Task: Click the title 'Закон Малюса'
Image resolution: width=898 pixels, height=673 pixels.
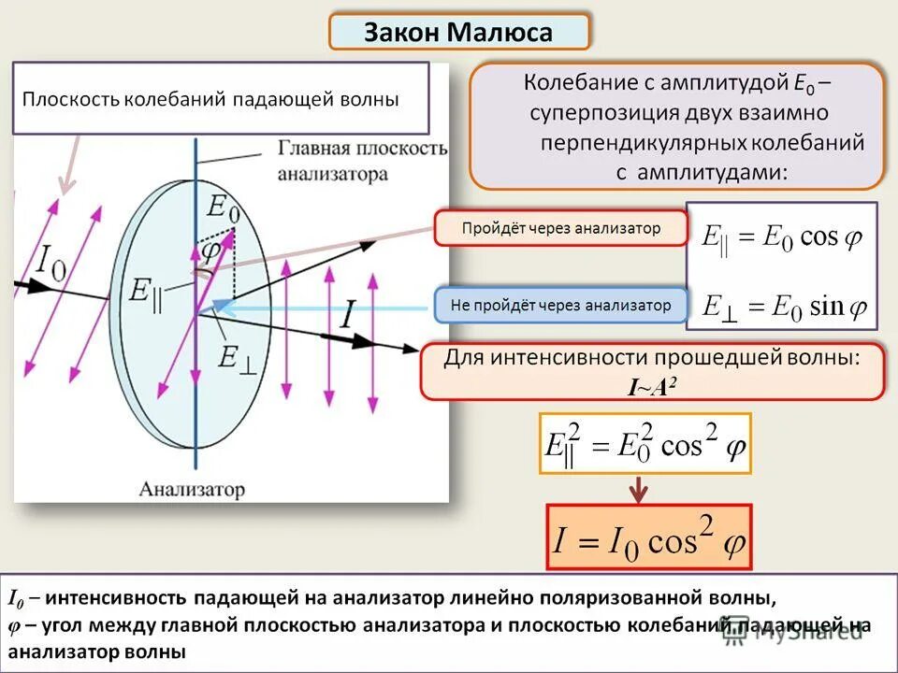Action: (x=458, y=33)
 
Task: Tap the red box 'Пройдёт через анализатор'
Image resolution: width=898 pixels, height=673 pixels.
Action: (x=560, y=228)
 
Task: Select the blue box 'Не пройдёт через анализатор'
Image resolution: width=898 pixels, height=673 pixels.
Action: (x=560, y=306)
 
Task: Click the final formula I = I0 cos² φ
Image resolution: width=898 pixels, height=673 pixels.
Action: (x=648, y=539)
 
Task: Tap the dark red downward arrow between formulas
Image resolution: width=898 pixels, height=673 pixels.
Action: (x=639, y=489)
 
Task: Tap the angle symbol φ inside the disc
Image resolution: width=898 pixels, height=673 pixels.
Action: (x=212, y=251)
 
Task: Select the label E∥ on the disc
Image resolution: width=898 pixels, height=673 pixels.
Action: (x=146, y=299)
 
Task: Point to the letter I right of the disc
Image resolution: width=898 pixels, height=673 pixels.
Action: (x=346, y=314)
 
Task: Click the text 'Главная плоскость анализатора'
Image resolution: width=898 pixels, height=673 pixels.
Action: (x=360, y=161)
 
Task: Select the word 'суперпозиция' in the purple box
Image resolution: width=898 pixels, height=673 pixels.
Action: (x=588, y=113)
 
